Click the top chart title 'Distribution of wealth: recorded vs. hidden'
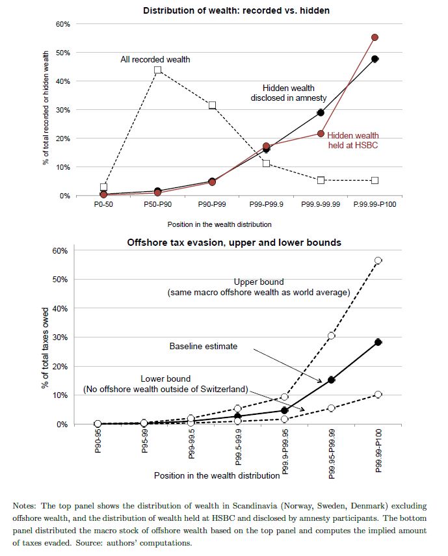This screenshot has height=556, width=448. tap(236, 10)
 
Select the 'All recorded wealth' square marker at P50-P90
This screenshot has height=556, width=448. tap(158, 70)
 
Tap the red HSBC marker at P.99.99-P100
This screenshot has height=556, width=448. tap(375, 37)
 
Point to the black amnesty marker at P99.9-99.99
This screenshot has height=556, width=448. tap(321, 113)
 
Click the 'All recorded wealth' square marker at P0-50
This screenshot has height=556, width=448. tap(103, 187)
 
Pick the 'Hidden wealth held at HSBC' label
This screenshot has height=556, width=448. tap(352, 140)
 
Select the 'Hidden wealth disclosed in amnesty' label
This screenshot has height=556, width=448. tap(289, 93)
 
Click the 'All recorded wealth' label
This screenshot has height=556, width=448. tap(155, 59)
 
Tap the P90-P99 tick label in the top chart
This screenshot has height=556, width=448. tap(212, 205)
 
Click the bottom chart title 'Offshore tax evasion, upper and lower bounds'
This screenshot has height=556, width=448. tap(234, 243)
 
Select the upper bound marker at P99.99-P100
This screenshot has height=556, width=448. tap(378, 261)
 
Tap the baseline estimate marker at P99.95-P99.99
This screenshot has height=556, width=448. tap(331, 380)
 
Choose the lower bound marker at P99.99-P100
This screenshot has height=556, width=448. tap(378, 394)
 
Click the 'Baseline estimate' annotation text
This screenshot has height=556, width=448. tap(204, 346)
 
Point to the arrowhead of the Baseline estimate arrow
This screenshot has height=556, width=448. tap(321, 382)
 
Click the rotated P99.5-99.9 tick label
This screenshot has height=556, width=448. tap(238, 447)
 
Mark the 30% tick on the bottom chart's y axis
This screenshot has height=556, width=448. tap(60, 338)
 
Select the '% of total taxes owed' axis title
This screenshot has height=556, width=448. tap(45, 348)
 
